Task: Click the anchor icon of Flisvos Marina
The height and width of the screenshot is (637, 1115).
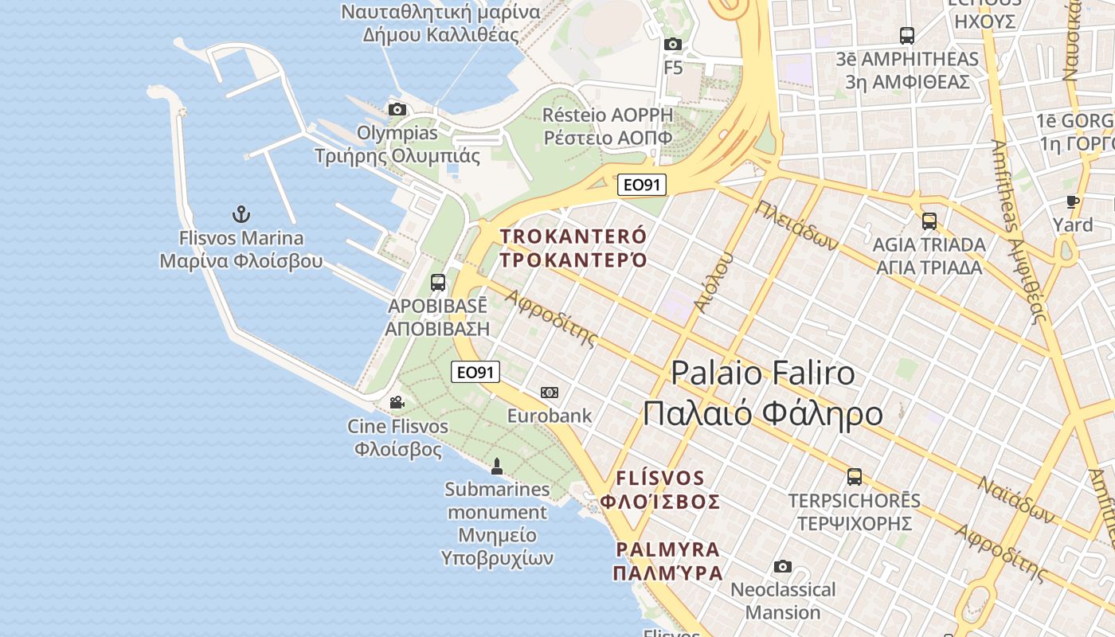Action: [x=241, y=213]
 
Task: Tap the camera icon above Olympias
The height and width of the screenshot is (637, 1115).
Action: [x=397, y=109]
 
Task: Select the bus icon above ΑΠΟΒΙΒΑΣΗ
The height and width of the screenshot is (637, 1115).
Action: [x=437, y=282]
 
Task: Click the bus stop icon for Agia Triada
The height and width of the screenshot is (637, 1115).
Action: [x=929, y=221]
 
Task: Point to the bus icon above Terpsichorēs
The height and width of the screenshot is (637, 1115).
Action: [x=854, y=476]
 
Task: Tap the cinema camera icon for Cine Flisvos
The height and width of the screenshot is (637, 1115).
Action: [x=397, y=403]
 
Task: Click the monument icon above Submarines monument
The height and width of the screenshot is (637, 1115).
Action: [x=497, y=466]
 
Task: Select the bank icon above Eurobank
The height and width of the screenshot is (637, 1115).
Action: [x=550, y=392]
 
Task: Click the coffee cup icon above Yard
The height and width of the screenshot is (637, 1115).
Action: [x=1073, y=201]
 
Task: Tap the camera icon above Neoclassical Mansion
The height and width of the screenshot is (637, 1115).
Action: [x=783, y=566]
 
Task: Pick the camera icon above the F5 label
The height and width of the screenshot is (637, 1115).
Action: [x=673, y=44]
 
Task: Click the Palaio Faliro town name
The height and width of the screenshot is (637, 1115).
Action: [x=763, y=373]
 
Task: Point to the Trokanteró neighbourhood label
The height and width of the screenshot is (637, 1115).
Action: [x=573, y=236]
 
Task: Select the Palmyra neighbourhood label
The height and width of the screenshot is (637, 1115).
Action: [x=667, y=549]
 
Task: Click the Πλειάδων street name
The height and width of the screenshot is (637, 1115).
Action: [x=797, y=225]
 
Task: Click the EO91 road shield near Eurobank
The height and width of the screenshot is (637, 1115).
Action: [x=475, y=372]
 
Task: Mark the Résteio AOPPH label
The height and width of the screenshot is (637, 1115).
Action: [x=607, y=115]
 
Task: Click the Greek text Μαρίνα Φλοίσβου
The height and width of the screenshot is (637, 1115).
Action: [x=241, y=261]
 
